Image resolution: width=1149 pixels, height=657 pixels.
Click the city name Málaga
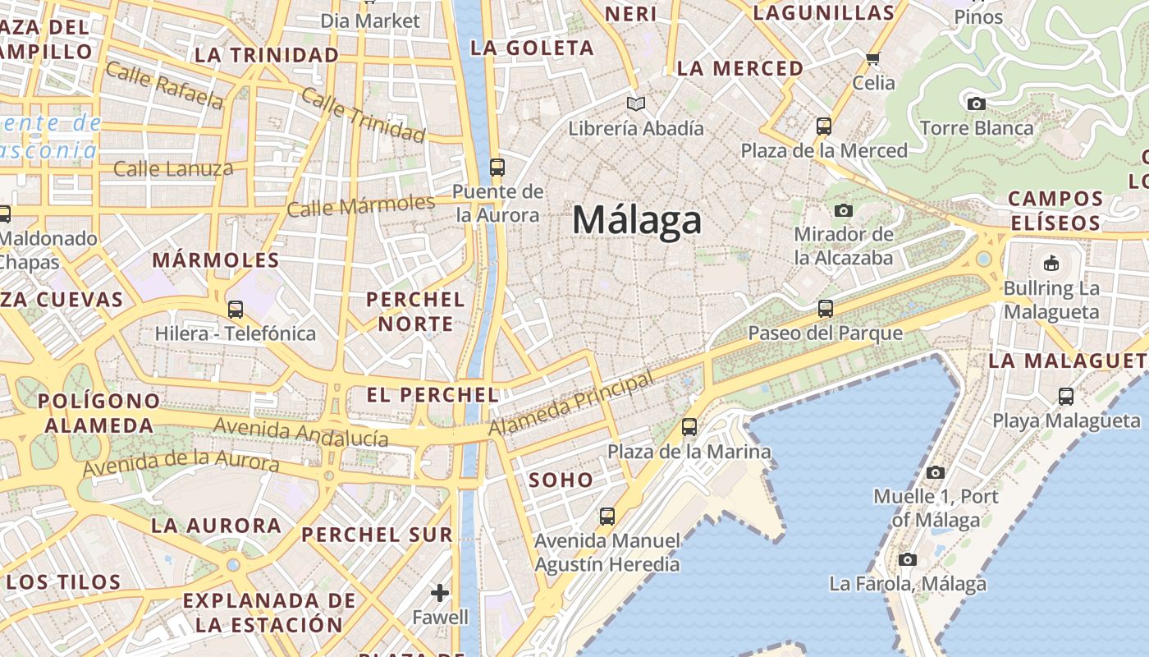tap(637, 220)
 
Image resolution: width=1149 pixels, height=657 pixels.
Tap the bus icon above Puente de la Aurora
tap(497, 168)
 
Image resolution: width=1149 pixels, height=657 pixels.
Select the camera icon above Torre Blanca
tap(976, 103)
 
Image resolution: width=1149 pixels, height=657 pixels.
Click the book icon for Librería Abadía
tap(635, 103)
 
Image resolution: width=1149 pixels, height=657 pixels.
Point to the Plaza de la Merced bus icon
tap(824, 126)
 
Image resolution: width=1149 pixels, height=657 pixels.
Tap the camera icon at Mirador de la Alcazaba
tap(843, 211)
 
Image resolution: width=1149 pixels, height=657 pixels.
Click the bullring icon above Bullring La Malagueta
tap(1051, 264)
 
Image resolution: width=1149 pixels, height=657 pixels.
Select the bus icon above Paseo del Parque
tap(825, 309)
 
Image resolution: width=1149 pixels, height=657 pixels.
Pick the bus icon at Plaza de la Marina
tap(689, 427)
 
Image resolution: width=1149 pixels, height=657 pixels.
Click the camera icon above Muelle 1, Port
tap(935, 472)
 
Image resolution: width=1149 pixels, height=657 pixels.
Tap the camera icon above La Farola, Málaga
tap(907, 559)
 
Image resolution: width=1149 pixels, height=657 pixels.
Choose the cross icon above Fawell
tap(440, 592)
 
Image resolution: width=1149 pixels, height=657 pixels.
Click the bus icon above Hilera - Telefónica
tap(236, 310)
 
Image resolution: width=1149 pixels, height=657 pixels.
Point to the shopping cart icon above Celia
tap(872, 58)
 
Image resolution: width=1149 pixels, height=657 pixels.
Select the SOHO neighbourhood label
tap(561, 480)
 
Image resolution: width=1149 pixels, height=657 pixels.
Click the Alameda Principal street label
tap(571, 403)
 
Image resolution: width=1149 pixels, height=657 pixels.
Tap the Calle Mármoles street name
tap(360, 205)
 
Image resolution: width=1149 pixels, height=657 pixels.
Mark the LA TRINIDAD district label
tap(267, 55)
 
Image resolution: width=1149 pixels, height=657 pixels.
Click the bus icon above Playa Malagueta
tap(1065, 396)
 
